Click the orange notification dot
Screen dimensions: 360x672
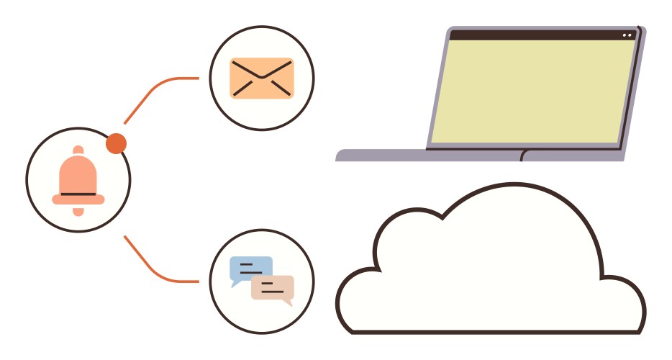[x=116, y=144]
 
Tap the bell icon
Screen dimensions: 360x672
[x=78, y=180]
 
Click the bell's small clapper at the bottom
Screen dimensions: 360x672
[x=78, y=210]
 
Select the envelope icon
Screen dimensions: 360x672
[x=262, y=78]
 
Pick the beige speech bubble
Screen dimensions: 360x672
[x=273, y=287]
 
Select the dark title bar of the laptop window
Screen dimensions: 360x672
[x=532, y=35]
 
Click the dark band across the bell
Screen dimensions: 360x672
[x=78, y=194]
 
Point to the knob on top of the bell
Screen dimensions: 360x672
[x=78, y=150]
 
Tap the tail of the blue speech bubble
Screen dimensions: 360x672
[x=235, y=284]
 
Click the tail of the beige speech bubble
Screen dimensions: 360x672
[x=288, y=303]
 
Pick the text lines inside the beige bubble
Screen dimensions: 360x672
[x=271, y=287]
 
